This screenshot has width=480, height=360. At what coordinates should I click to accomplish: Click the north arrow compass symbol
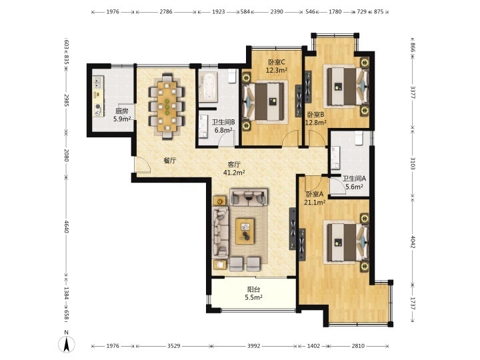67,341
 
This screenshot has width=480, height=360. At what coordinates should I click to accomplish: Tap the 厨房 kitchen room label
121,111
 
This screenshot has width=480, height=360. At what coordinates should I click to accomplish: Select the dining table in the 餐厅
167,106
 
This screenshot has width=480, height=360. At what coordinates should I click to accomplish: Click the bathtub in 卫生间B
208,87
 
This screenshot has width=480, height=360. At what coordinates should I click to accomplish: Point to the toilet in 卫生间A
358,138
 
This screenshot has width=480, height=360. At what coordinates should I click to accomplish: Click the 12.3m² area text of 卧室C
277,70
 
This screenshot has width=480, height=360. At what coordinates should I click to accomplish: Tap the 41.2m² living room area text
234,173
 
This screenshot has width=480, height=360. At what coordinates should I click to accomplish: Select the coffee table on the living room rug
245,231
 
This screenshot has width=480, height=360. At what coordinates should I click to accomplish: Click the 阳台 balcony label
254,289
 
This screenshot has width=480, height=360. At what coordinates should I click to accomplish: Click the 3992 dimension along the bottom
254,346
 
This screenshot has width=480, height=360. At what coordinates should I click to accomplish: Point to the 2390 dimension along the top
277,12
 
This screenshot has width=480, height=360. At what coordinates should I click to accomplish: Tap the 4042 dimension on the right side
413,242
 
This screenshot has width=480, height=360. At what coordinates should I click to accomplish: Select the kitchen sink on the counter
98,83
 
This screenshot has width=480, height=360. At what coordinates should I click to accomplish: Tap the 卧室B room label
315,115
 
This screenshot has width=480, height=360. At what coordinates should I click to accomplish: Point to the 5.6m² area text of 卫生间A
354,187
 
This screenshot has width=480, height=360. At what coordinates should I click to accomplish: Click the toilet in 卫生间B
233,75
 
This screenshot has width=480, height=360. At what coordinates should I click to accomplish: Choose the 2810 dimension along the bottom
358,346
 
